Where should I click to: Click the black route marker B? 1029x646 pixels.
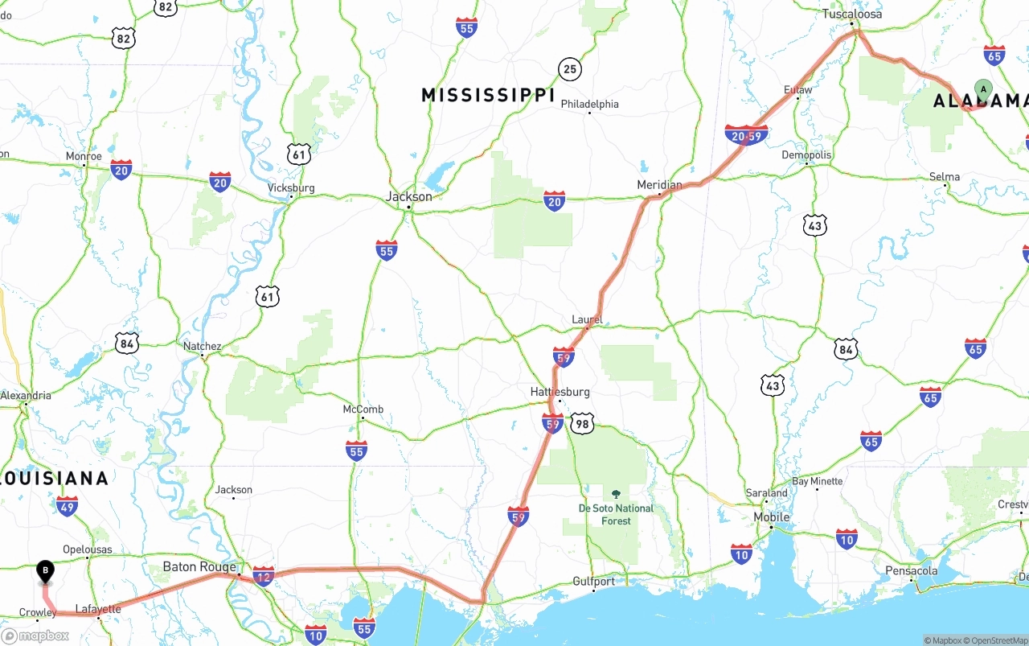tap(46, 571)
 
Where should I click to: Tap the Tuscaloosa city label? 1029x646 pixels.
tap(851, 14)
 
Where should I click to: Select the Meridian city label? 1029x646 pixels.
tap(659, 185)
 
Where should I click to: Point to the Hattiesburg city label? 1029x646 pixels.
tap(560, 392)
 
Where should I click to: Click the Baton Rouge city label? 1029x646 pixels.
tap(199, 567)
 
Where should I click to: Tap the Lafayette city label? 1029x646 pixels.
tap(97, 609)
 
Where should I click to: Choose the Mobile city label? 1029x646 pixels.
tap(771, 516)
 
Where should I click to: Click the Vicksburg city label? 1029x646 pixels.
tap(291, 188)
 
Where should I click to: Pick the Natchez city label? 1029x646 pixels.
tap(202, 347)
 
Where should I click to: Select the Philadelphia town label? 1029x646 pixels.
tap(589, 104)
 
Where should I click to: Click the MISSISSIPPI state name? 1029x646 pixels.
tap(488, 95)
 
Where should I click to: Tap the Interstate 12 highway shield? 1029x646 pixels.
tap(263, 575)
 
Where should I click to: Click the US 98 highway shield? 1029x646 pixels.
tap(582, 423)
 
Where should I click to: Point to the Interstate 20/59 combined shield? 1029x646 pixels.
tap(746, 135)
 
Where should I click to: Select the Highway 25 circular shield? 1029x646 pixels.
tap(569, 69)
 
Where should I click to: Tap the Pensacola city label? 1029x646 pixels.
tap(912, 571)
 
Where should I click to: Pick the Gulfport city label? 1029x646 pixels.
tap(593, 581)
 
